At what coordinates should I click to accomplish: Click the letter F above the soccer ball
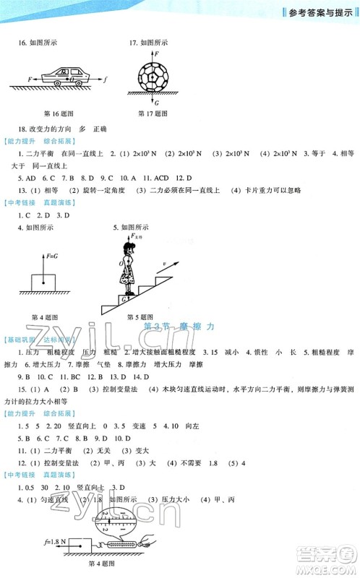pyautogui.click(x=153, y=55)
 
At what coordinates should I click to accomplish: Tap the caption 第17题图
pyautogui.click(x=153, y=113)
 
